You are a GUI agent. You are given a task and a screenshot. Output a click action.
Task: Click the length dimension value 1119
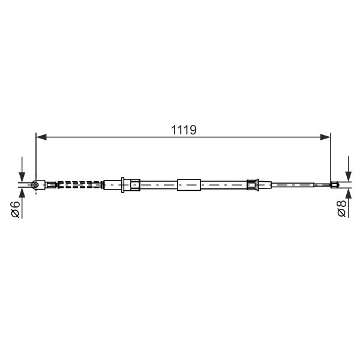pos(184,130)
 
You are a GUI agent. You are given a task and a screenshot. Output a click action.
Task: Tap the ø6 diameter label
pos(16,209)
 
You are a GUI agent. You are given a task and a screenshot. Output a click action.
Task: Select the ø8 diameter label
pos(342,208)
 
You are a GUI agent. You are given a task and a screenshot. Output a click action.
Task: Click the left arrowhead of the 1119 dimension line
pos(41,137)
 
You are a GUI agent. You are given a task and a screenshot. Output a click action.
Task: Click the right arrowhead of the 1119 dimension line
pos(325,137)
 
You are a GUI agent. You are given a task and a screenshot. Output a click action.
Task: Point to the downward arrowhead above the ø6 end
pos(22,176)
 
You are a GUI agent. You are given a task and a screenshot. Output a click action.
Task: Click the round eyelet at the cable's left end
pos(35,185)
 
